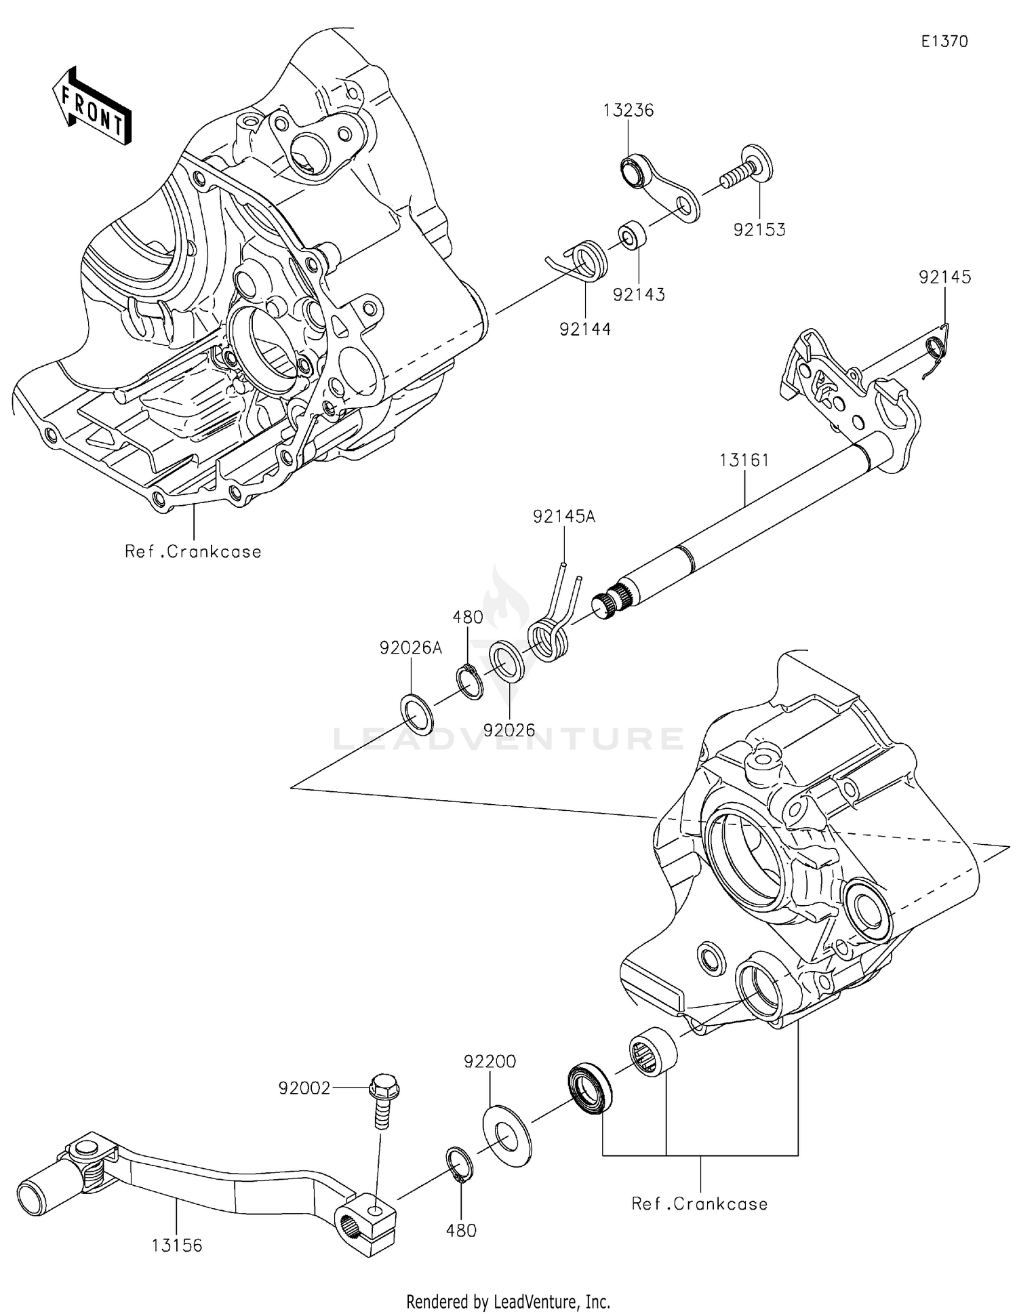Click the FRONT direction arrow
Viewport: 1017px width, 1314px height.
92,107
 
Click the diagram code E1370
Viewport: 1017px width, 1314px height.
944,41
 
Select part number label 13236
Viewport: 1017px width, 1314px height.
628,111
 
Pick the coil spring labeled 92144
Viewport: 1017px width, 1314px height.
587,261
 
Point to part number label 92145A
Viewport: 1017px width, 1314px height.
563,517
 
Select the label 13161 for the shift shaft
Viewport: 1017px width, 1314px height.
744,460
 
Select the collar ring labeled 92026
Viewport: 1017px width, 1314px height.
507,660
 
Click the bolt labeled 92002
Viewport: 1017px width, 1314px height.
383,1100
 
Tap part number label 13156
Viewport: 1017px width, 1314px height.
176,1246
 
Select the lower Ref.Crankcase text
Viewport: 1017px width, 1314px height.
699,1203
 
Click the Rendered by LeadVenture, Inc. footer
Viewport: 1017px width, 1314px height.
508,1301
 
